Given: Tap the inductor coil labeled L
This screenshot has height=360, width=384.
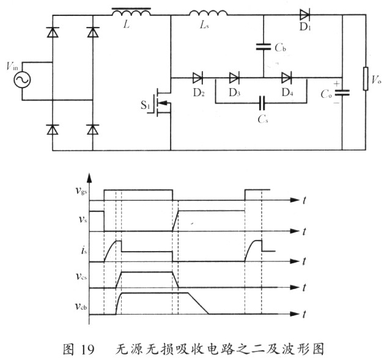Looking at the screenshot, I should tap(132, 13).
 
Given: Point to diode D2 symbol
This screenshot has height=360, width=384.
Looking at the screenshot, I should tap(198, 78).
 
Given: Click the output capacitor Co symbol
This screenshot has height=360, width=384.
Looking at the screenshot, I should tap(342, 92).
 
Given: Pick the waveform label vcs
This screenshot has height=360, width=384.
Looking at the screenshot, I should tap(79, 276).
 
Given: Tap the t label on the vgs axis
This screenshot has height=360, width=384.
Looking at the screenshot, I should tap(304, 200).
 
